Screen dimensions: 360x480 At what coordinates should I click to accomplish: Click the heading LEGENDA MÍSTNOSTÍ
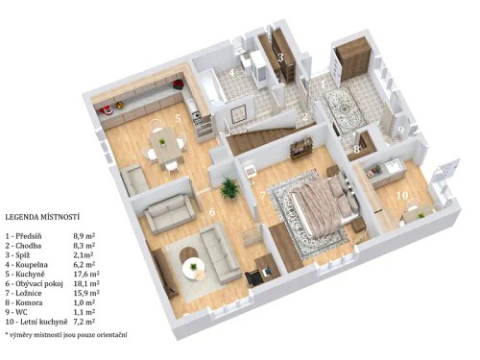(x=42, y=218)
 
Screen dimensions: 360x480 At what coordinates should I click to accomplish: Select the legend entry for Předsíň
(x=30, y=234)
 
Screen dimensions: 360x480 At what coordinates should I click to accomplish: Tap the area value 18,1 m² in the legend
(x=87, y=284)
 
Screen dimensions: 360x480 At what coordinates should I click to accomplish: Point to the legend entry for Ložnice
(x=30, y=294)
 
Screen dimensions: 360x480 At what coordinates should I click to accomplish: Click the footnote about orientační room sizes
(x=65, y=337)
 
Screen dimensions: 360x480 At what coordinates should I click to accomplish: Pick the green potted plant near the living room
(x=228, y=186)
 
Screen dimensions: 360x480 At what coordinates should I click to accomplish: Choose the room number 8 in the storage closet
(x=356, y=150)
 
